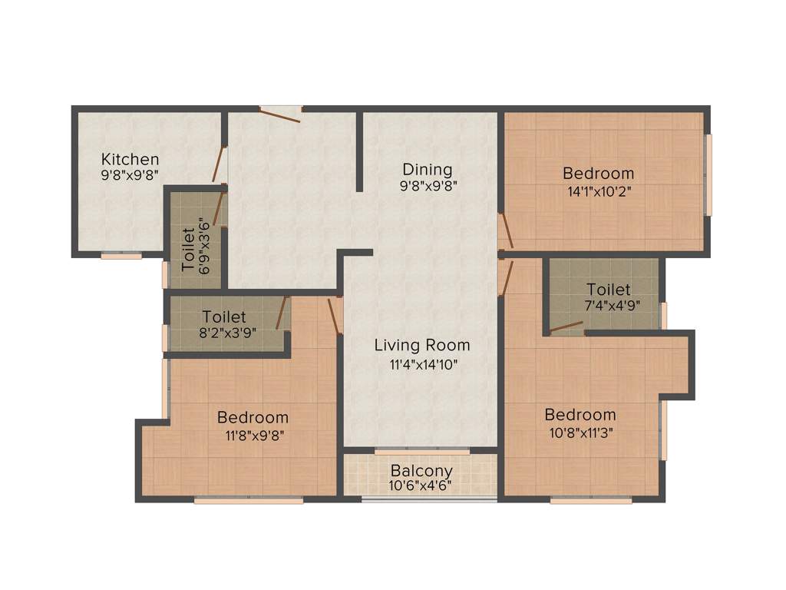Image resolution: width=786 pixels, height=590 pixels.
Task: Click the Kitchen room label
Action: click(x=130, y=159)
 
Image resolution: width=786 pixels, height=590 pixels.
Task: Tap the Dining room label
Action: click(x=428, y=169)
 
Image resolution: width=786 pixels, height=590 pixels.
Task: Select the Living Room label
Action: click(x=422, y=345)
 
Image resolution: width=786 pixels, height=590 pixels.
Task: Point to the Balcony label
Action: click(x=421, y=470)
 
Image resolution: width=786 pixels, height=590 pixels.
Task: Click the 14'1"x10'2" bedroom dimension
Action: click(x=599, y=191)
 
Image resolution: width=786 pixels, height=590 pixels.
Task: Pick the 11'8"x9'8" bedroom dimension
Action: click(x=253, y=436)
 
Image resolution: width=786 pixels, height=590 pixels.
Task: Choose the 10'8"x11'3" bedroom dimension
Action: click(x=580, y=433)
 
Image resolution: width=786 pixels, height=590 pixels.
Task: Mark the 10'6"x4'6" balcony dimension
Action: click(x=421, y=486)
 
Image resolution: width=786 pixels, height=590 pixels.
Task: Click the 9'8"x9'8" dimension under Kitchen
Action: click(x=130, y=176)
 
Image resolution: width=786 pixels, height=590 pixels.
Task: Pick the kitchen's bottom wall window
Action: click(x=121, y=256)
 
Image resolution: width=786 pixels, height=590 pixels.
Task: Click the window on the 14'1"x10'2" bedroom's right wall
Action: click(x=708, y=175)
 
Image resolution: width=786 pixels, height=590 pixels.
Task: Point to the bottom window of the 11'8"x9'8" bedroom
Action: click(x=249, y=500)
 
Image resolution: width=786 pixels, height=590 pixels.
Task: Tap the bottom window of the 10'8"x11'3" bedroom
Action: click(x=591, y=500)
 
